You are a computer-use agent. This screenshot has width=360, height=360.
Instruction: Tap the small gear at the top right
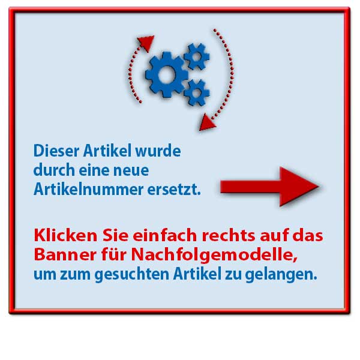(196, 56)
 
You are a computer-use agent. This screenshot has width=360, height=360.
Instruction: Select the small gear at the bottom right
(197, 92)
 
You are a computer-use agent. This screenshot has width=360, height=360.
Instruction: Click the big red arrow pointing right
(269, 187)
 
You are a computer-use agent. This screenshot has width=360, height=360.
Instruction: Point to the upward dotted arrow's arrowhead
(145, 43)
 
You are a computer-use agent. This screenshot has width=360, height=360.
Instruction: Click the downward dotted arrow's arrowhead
(207, 122)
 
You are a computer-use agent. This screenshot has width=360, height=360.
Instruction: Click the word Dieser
(53, 149)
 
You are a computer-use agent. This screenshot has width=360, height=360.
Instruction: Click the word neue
(133, 170)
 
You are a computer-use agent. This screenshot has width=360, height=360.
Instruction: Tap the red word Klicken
(60, 235)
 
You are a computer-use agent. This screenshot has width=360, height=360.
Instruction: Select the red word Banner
(62, 255)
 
